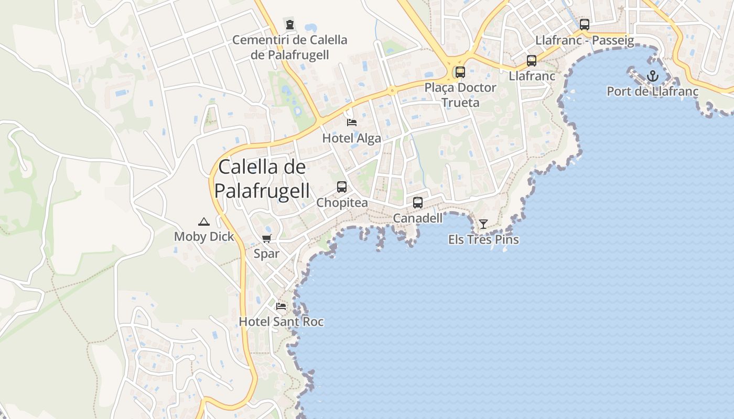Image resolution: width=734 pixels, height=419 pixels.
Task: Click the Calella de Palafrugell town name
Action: tap(262, 179)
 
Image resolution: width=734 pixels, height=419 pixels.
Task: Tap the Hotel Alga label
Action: tap(351, 138)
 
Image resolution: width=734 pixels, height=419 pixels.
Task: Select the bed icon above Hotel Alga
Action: tap(352, 123)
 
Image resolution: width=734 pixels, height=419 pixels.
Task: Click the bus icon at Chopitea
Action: tap(342, 187)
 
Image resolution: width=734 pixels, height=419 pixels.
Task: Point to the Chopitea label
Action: tap(342, 203)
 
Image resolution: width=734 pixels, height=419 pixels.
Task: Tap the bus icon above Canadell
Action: tap(418, 203)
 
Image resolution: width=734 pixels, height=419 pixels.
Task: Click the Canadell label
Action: tap(418, 218)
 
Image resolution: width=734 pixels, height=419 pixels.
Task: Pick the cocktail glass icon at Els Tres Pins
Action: tap(483, 224)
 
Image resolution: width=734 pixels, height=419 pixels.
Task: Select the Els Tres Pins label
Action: tap(483, 240)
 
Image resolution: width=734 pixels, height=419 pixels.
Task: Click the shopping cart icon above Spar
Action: tap(266, 239)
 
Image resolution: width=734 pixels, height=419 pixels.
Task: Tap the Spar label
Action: tap(266, 254)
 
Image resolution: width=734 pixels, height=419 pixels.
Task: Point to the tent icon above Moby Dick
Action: tap(204, 222)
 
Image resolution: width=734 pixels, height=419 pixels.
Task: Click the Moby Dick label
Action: tap(204, 237)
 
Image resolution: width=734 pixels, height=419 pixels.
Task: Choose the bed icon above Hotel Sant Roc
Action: tap(282, 306)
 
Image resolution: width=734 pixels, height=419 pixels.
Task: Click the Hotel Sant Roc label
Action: tap(282, 322)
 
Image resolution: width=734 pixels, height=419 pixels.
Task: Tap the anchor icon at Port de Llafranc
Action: tap(652, 76)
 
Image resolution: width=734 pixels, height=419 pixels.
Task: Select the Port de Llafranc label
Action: tap(652, 92)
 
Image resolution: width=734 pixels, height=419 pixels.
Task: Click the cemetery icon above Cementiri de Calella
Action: tap(289, 24)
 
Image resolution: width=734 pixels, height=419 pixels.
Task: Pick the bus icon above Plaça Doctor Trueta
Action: tap(460, 72)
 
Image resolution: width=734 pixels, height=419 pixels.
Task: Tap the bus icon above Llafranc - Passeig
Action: tap(585, 25)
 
